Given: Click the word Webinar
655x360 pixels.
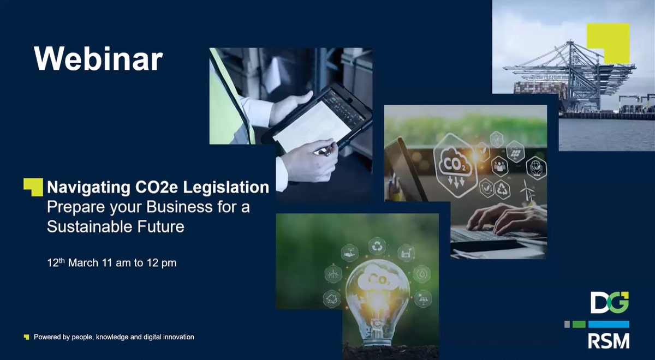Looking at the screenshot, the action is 98,58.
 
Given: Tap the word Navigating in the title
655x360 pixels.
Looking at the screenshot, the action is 89,188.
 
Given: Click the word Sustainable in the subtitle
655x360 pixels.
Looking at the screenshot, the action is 90,226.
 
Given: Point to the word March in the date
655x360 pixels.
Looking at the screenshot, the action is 83,263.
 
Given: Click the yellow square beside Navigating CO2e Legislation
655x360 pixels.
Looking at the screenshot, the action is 33,187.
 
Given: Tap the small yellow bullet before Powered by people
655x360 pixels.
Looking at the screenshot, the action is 27,337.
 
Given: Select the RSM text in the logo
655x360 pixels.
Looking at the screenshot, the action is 609,341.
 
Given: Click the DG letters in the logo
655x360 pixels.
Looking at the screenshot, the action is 609,302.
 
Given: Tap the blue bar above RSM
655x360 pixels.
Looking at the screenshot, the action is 609,324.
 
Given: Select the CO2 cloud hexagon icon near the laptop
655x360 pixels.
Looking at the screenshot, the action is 455,166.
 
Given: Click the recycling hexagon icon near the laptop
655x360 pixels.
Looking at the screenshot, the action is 503,190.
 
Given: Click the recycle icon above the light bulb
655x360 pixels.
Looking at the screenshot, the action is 377,246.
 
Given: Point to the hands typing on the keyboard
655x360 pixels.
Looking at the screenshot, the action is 507,219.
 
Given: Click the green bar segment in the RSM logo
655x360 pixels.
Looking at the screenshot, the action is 579,324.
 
